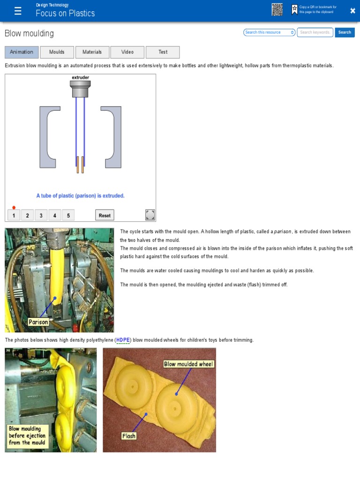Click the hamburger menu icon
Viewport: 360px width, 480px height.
[18, 11]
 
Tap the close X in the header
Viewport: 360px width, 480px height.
[352, 11]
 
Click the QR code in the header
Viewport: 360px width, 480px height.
[277, 10]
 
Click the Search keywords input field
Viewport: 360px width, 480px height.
[315, 32]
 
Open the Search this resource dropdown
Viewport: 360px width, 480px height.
[270, 32]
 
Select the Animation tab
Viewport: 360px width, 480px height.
[22, 52]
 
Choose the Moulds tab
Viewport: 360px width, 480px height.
[57, 52]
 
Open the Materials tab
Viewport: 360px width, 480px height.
[92, 52]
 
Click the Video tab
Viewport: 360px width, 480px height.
[127, 52]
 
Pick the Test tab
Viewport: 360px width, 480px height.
[163, 52]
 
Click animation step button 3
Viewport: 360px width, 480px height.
[41, 216]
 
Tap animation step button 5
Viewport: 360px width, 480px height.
[68, 216]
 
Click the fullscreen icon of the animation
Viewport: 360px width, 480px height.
[150, 215]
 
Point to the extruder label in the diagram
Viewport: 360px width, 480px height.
[80, 77]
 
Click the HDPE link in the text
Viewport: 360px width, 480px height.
[123, 340]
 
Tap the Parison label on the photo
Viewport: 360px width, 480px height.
[38, 322]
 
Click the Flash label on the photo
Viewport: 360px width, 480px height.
[128, 436]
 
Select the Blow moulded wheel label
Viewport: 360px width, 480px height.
[188, 364]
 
